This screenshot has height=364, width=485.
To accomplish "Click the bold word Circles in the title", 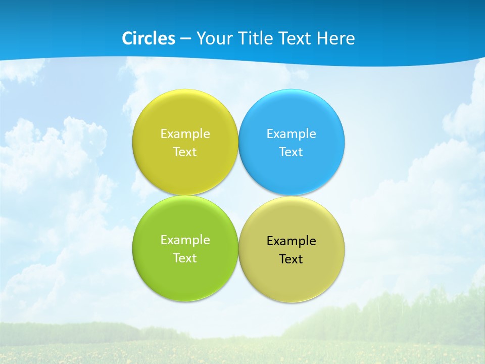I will (x=149, y=38).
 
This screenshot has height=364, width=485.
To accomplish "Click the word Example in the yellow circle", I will (x=185, y=134).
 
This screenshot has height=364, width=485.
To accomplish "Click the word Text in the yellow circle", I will (x=185, y=152).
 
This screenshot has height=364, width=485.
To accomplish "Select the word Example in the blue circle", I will (x=292, y=134).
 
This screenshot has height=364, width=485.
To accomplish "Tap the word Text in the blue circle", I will (x=292, y=152).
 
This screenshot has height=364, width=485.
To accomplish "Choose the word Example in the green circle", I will (x=185, y=240).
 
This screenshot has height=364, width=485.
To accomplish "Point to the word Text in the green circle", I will (x=185, y=258).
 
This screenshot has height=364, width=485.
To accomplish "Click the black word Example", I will (x=292, y=241).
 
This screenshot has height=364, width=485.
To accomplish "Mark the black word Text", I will (x=292, y=259).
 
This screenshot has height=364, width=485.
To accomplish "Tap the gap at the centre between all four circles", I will (x=238, y=195).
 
